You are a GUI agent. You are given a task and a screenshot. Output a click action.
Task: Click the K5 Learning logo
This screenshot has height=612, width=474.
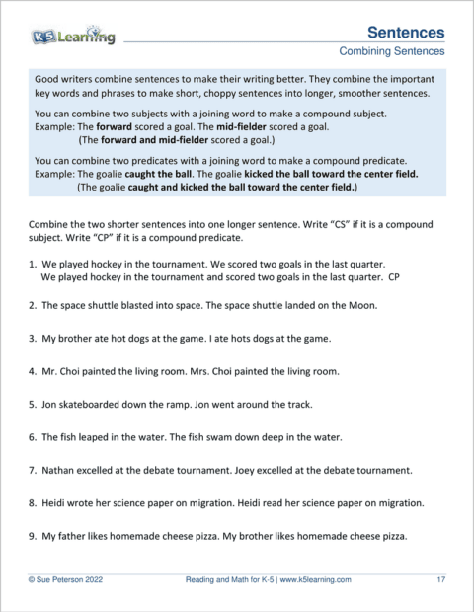click(72, 37)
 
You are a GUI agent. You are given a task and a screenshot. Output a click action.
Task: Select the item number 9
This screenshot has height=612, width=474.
click(33, 537)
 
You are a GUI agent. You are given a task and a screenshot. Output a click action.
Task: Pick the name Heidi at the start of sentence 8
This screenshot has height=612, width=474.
click(58, 503)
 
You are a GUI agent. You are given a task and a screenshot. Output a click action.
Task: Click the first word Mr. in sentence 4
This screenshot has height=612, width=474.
click(50, 372)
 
